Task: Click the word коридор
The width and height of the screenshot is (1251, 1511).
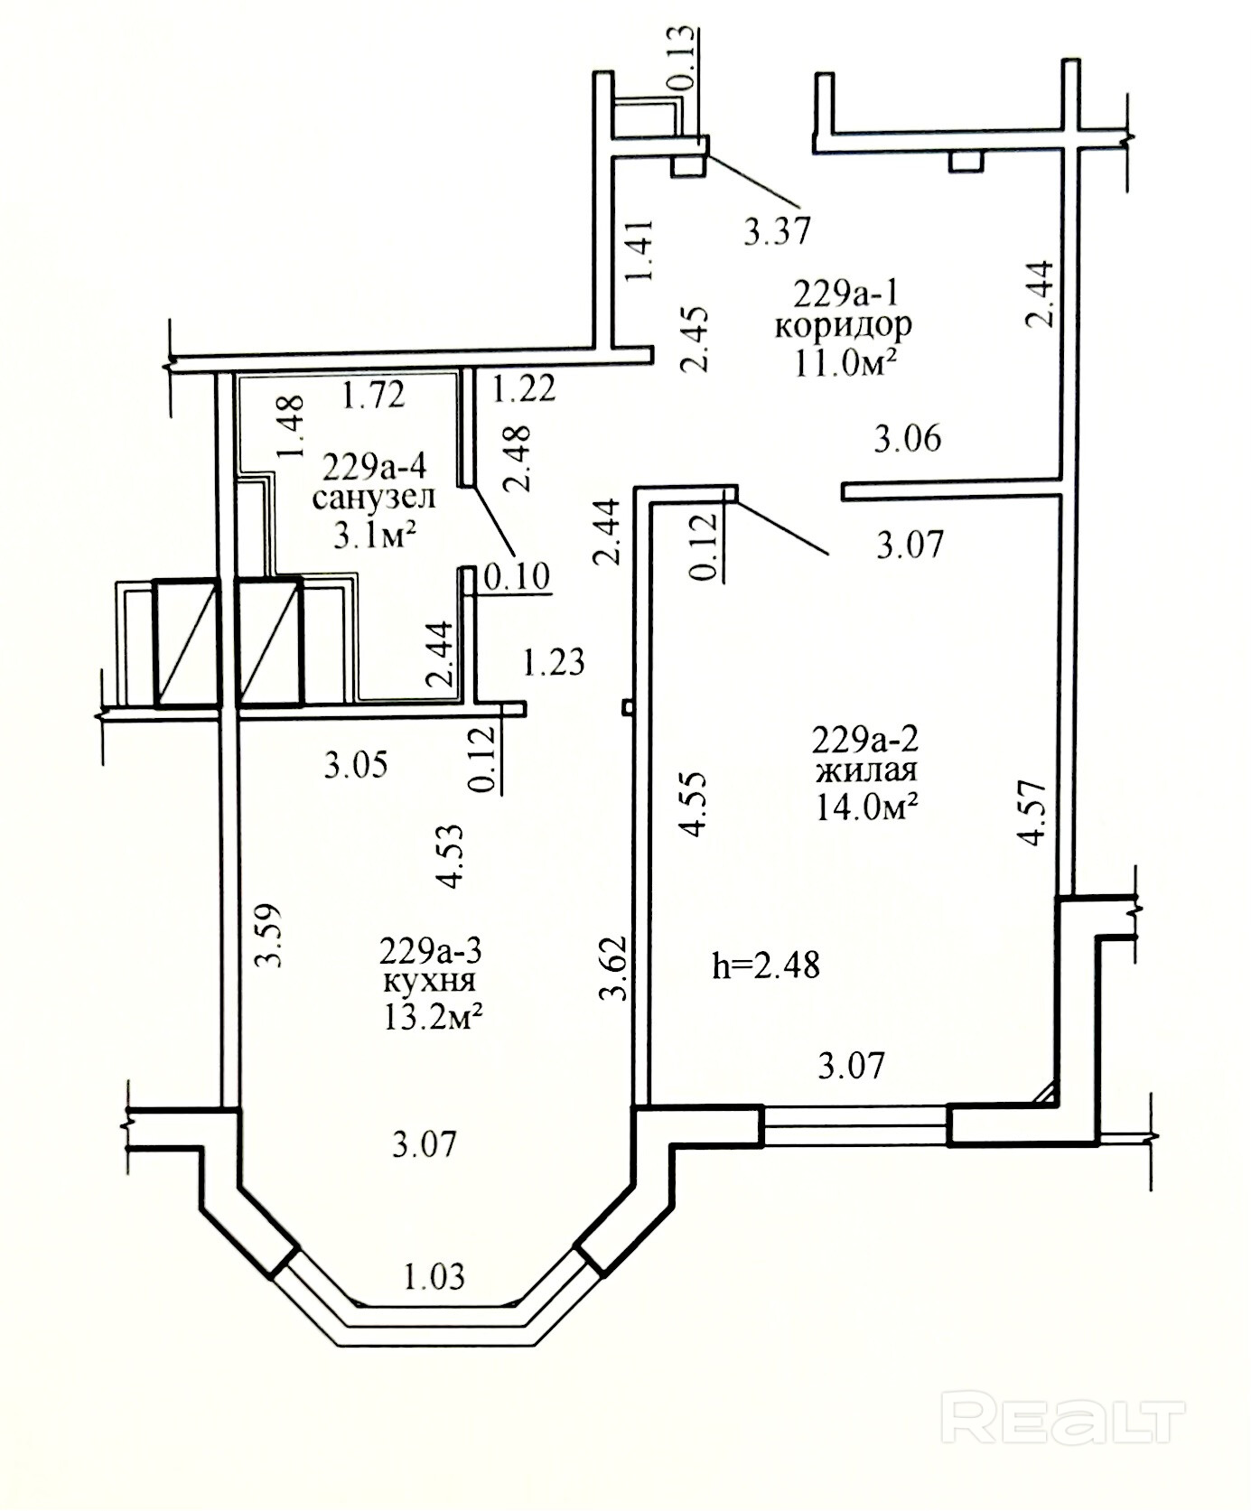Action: [x=844, y=325]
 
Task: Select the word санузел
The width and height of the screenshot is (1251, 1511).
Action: [x=374, y=497]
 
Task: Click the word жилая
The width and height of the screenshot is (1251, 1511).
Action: [x=866, y=771]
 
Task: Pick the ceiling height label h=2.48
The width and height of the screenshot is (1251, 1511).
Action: [x=766, y=966]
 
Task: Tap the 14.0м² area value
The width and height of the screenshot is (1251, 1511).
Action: [x=867, y=807]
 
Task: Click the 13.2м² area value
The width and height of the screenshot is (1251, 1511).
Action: [x=430, y=1018]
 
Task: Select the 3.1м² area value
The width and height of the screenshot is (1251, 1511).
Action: [x=375, y=536]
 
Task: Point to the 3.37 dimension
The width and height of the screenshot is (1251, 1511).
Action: [x=777, y=230]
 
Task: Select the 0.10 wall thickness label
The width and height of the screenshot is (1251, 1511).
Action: [x=518, y=575]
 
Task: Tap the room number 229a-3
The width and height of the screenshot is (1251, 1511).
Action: [x=431, y=950]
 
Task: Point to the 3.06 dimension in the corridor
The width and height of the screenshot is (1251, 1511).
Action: [x=907, y=438]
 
